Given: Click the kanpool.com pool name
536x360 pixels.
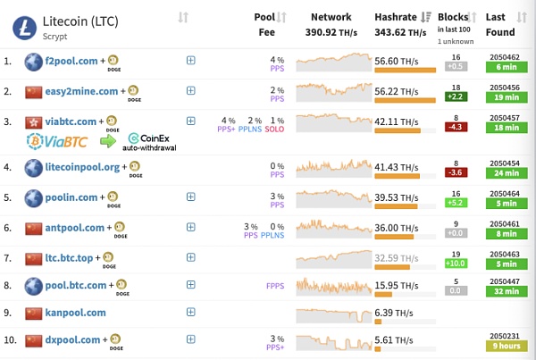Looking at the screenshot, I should pos(75,313).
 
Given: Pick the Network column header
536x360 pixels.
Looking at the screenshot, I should pos(331,17).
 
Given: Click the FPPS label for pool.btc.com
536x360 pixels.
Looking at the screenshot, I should pos(275,286).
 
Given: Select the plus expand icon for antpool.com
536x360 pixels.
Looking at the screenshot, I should pos(190,227).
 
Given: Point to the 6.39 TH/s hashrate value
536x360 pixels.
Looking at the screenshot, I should pos(394,313).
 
